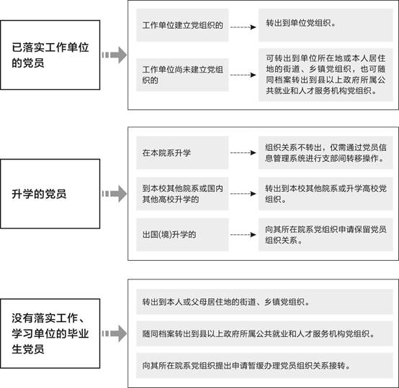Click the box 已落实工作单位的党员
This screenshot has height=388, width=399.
point(50,55)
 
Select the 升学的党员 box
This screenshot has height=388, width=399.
point(50,194)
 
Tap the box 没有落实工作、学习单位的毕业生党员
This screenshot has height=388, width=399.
point(50,333)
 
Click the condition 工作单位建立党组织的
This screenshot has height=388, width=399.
point(182,25)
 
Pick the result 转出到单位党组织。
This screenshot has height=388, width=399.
point(326,25)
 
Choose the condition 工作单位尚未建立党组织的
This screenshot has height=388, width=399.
point(182,75)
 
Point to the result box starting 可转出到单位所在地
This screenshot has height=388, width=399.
point(326,75)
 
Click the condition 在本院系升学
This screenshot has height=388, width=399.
point(182,152)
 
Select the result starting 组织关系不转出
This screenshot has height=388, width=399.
point(326,152)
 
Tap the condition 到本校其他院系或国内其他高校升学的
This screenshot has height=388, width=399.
point(182,194)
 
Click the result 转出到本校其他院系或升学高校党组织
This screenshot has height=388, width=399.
point(326,194)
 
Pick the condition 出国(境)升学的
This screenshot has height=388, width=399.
point(182,235)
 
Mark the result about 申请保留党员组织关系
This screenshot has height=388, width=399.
point(326,235)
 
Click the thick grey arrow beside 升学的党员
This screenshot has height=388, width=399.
point(115,194)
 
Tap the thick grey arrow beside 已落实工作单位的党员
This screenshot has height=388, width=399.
point(115,55)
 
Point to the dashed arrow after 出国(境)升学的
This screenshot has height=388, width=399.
point(243,235)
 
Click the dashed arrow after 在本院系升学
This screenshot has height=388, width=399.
point(243,152)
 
